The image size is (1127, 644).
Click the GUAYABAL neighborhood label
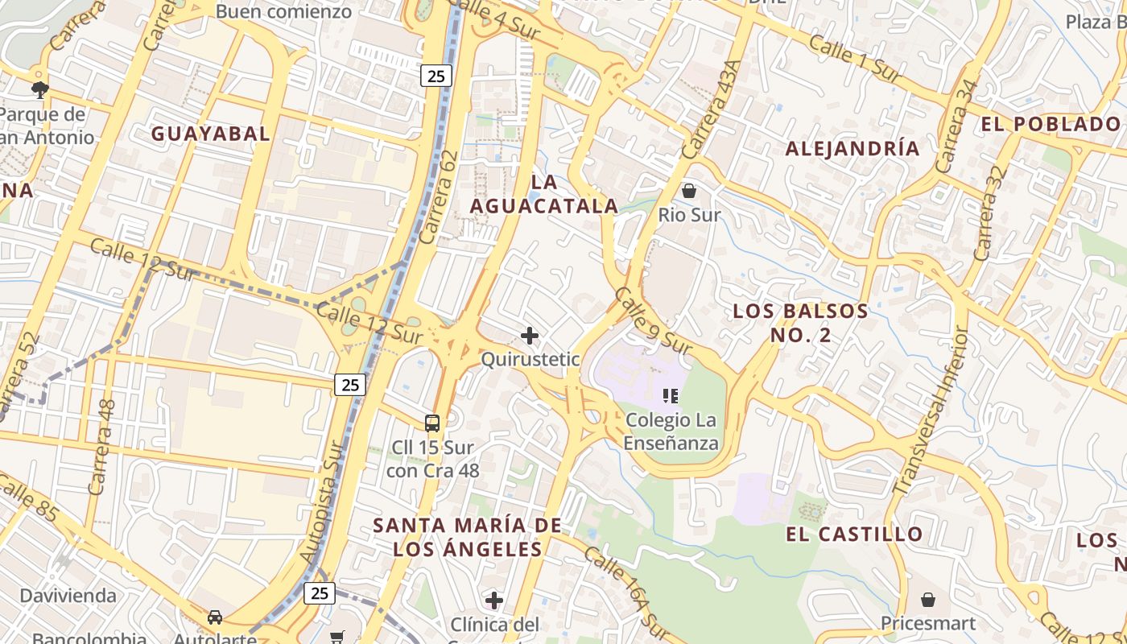pos(211,134)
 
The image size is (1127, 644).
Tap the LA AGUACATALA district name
pos(544,194)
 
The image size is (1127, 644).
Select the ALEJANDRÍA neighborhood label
pos(852,148)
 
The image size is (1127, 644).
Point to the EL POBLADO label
pos(1051,124)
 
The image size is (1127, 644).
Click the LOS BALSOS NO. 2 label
pos(800,323)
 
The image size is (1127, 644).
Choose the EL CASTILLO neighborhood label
pos(855,534)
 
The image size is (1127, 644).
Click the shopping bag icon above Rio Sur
pos(689,191)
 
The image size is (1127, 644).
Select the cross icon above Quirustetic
pos(530,335)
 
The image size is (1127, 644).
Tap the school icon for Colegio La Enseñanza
pos(671,395)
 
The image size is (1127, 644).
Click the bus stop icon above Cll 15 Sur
pos(432,423)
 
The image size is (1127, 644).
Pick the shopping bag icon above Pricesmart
pos(928,600)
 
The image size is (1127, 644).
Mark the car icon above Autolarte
pos(215,617)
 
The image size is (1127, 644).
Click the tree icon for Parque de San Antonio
pos(39,89)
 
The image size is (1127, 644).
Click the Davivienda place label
pos(68,597)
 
